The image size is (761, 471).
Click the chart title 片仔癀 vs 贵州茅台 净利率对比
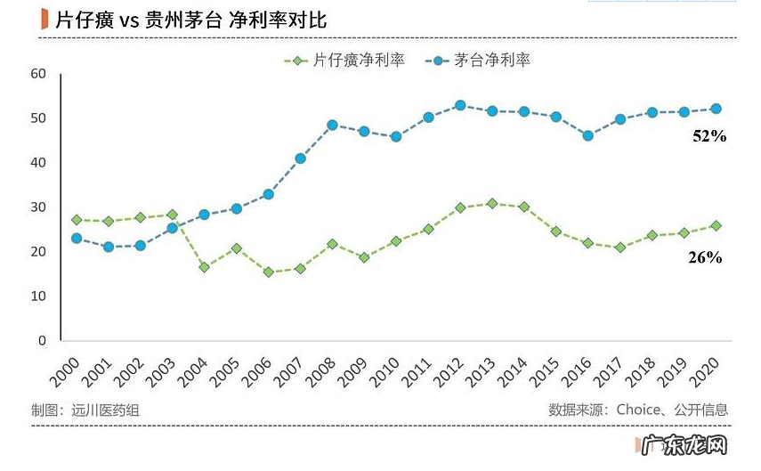pyautogui.click(x=190, y=20)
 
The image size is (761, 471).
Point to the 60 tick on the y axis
pyautogui.click(x=37, y=74)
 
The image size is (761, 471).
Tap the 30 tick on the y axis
pyautogui.click(x=37, y=207)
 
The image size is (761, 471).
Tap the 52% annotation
pyautogui.click(x=709, y=136)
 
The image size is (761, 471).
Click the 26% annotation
pyautogui.click(x=705, y=257)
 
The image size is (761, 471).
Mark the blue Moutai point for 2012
pyautogui.click(x=460, y=105)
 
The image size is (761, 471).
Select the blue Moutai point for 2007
pyautogui.click(x=301, y=158)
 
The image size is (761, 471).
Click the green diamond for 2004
pyautogui.click(x=204, y=267)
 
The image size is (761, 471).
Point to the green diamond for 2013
pyautogui.click(x=491, y=204)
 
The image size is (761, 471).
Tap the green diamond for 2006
pyautogui.click(x=268, y=272)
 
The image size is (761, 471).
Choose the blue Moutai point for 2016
pyautogui.click(x=587, y=136)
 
